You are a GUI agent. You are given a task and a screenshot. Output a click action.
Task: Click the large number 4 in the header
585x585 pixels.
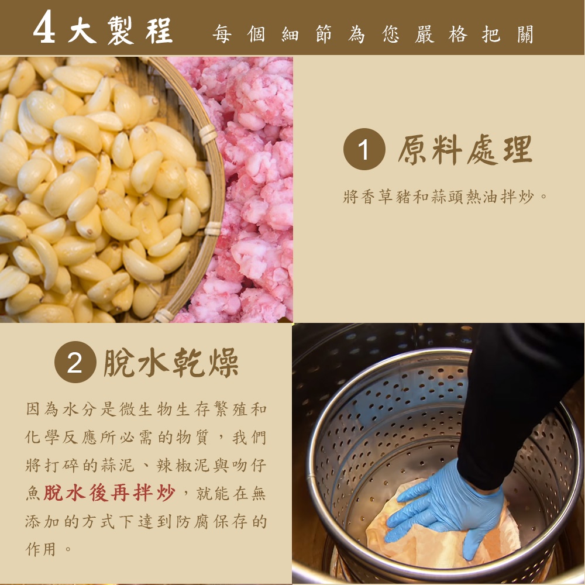pyautogui.click(x=44, y=27)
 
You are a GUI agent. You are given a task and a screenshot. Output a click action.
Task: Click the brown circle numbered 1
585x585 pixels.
pyautogui.click(x=364, y=149)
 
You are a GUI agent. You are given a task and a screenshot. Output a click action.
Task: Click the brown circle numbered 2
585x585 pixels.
pyautogui.click(x=75, y=362)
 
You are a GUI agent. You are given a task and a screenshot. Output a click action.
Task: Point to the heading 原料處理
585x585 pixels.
pyautogui.click(x=465, y=150)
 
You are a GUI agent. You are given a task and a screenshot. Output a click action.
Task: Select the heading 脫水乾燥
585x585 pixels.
pyautogui.click(x=171, y=362)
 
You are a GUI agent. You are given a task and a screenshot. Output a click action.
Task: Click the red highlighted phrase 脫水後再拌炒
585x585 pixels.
pyautogui.click(x=109, y=493)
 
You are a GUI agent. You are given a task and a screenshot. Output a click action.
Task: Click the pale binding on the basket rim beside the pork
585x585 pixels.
pyautogui.click(x=208, y=134)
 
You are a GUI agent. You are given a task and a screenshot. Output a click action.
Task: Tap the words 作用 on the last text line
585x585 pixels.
pyautogui.click(x=40, y=549)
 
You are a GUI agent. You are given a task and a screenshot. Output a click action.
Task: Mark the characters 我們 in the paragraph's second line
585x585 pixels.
pyautogui.click(x=249, y=437)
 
